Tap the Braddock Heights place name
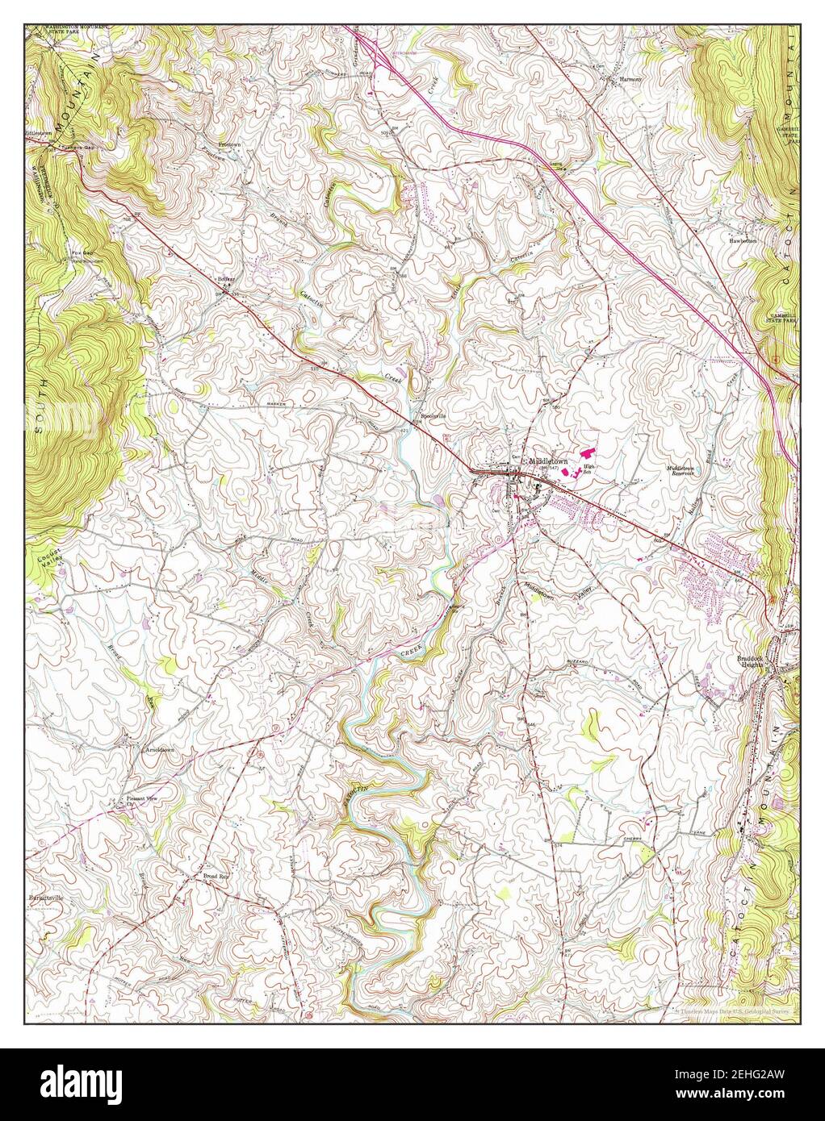pos(754,661)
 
